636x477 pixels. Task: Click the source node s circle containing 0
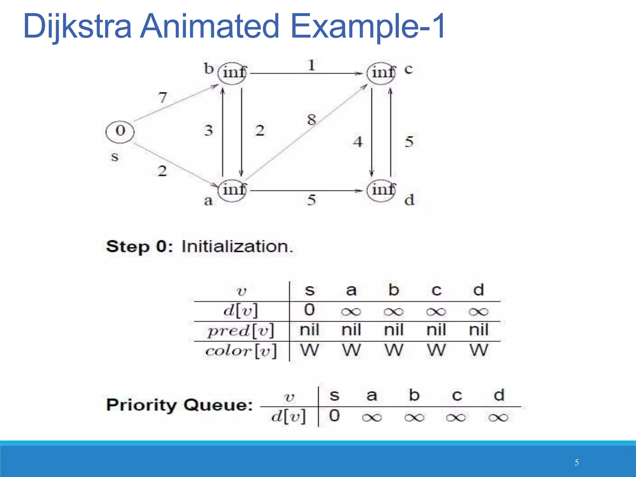(x=120, y=131)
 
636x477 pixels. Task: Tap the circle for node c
(x=381, y=73)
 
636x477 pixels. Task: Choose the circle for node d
(x=381, y=190)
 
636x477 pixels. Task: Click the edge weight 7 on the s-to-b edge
(x=163, y=98)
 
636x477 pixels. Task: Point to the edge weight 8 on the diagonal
(x=311, y=120)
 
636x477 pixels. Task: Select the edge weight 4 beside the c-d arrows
(x=358, y=142)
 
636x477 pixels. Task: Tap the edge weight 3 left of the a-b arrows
(x=208, y=130)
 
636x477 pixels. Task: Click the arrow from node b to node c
(x=306, y=74)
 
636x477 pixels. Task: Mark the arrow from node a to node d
(x=306, y=190)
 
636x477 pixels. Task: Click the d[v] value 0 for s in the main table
(x=309, y=310)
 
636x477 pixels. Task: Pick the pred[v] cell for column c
(x=436, y=330)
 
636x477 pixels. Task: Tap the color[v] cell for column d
(x=479, y=350)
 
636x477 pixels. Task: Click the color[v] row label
(x=241, y=351)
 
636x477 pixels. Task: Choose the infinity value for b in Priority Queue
(x=414, y=417)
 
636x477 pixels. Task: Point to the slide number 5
(x=576, y=463)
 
